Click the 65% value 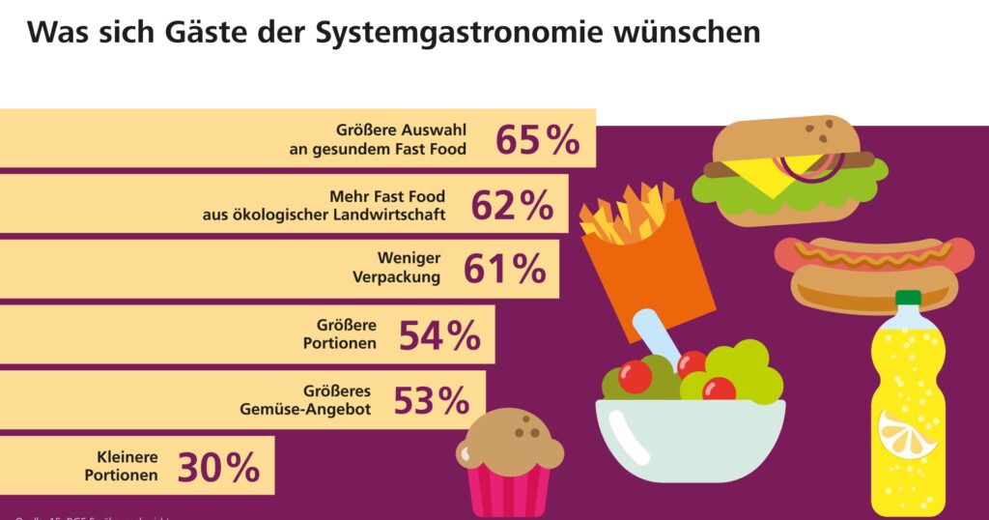pyautogui.click(x=538, y=139)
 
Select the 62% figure pyautogui.click(x=512, y=205)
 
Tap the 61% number pyautogui.click(x=504, y=270)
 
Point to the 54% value pyautogui.click(x=439, y=335)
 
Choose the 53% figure pyautogui.click(x=431, y=399)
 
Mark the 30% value pyautogui.click(x=218, y=468)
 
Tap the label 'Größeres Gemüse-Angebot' pyautogui.click(x=307, y=399)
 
